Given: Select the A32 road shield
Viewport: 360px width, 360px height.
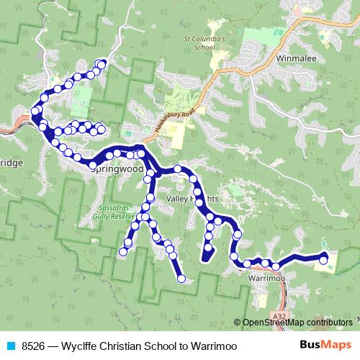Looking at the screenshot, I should pos(282,314).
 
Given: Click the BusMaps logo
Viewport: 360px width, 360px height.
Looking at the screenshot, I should pos(325,345).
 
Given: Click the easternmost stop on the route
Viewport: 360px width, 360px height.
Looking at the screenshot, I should pos(324,260).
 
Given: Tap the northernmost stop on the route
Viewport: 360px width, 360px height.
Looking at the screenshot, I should pos(102,65).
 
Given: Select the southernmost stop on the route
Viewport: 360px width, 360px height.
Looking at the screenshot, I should pos(181,279).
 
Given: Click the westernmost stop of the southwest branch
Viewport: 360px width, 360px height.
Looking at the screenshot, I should pos(123,251).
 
